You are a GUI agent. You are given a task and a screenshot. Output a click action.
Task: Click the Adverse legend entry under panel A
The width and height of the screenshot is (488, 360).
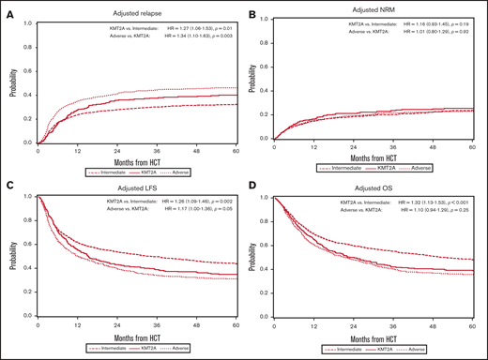pyautogui.click(x=206, y=173)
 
